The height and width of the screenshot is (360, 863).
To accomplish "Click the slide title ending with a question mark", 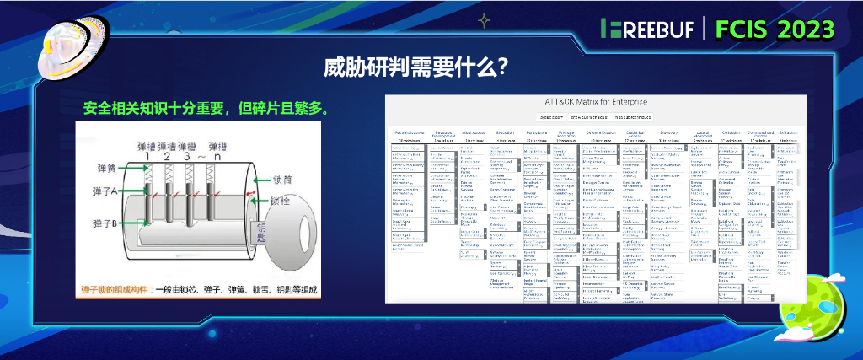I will point(415,67).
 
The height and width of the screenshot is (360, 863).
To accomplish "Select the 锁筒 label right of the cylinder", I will point(283,180).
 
